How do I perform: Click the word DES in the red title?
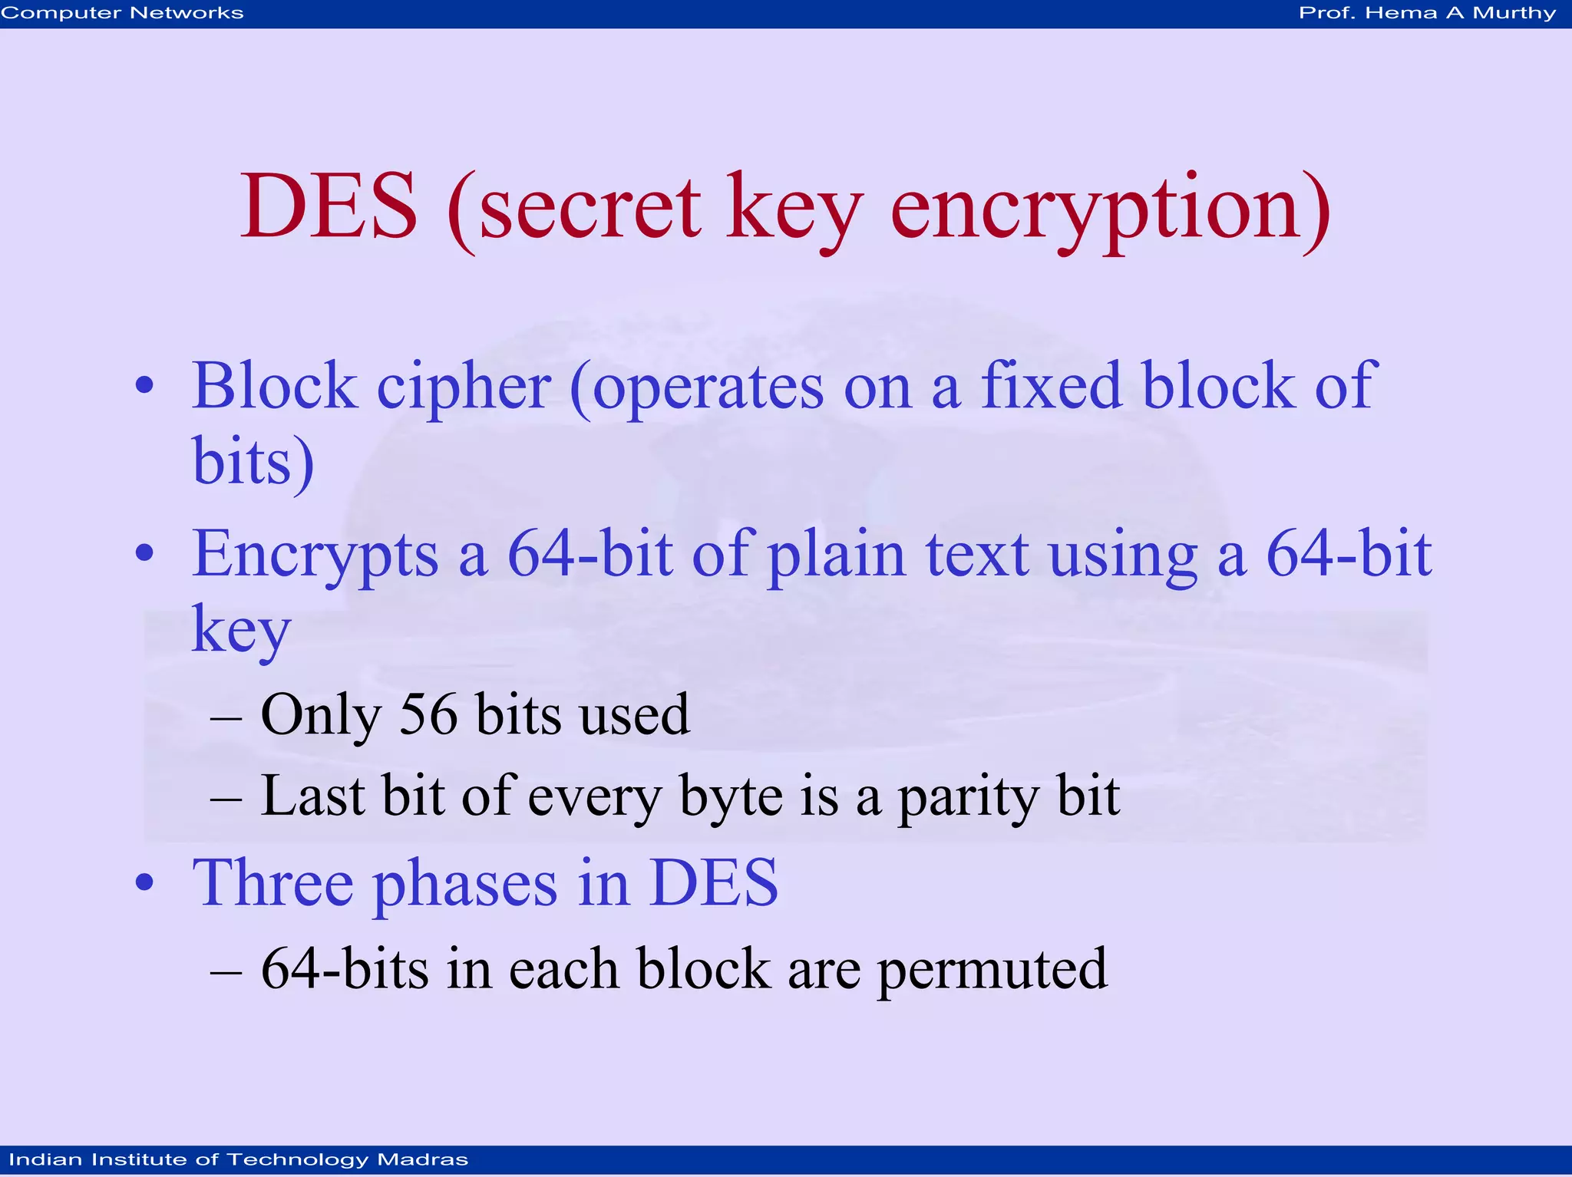click(329, 206)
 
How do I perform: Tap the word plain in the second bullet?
click(837, 554)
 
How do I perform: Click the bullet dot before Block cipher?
click(144, 386)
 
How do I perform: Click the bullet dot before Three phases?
click(144, 883)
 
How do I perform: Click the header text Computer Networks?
click(122, 13)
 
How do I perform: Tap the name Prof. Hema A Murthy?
click(1427, 13)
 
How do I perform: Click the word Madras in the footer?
click(423, 1159)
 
